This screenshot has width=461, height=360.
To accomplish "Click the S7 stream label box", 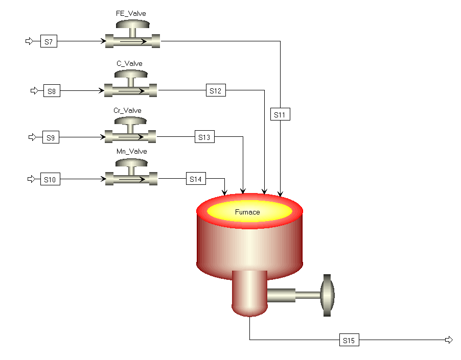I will (x=49, y=41).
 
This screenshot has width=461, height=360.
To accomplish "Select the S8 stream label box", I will (x=52, y=91).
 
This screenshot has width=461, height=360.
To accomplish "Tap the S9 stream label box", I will (x=50, y=137).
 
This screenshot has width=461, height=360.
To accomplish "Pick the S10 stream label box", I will (x=51, y=180).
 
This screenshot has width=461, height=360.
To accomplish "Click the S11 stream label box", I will (x=280, y=115).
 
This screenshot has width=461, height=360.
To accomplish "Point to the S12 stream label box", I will (x=216, y=91).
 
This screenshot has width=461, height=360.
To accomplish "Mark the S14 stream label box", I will (x=196, y=179).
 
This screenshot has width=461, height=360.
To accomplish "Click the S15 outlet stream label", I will (x=349, y=340).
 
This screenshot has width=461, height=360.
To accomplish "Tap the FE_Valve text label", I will (x=132, y=14).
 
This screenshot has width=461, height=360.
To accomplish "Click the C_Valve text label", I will (x=130, y=64).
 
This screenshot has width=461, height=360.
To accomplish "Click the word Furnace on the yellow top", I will (x=247, y=212).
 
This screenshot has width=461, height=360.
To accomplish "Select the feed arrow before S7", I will (x=30, y=41).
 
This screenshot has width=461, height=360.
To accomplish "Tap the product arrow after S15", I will (x=449, y=340).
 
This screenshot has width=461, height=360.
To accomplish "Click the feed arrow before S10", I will (x=31, y=179).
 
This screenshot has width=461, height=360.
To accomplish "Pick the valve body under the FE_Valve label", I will (x=132, y=41).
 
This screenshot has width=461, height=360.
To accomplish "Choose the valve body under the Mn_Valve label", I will (x=131, y=179).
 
